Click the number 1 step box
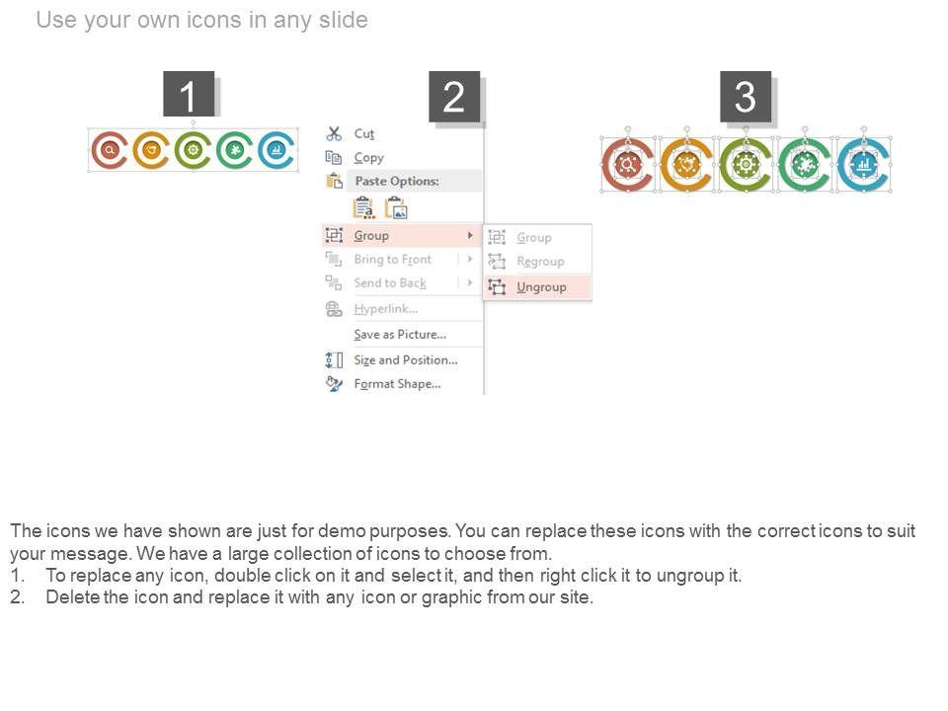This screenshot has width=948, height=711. point(189,94)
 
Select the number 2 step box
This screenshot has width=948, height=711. point(454,97)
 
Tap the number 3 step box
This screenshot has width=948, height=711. point(746,97)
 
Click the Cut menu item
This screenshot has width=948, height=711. point(364,133)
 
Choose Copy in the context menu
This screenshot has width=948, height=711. point(368,158)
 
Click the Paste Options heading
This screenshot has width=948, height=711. point(397,181)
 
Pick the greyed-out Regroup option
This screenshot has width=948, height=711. point(540,261)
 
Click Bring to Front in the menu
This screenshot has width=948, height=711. point(392,260)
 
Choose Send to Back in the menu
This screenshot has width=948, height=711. point(390,283)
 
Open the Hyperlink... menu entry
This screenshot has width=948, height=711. point(386,309)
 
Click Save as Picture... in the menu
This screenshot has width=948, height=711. point(400,335)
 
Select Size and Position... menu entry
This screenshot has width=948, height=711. point(406,359)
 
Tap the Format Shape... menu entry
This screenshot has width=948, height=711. point(397,384)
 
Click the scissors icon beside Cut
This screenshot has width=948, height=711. point(334,133)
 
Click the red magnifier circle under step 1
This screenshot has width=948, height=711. point(110,150)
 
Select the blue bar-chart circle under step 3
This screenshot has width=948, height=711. point(863,165)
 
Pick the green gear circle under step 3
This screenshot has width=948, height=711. point(745,165)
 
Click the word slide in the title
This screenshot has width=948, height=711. point(344,20)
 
